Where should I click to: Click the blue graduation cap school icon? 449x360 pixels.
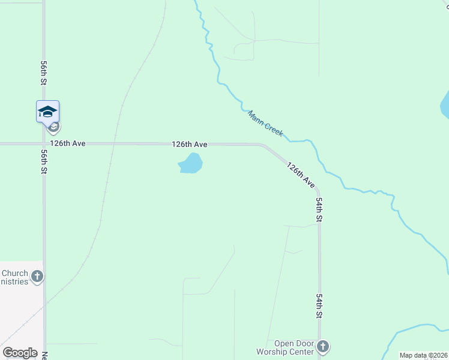(x=47, y=111)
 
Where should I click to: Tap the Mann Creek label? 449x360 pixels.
(x=265, y=123)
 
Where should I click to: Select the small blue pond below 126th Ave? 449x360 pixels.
(x=191, y=163)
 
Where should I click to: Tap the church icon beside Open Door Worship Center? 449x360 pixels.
(x=323, y=346)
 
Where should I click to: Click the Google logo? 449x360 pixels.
(x=20, y=353)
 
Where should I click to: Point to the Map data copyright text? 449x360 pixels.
(x=423, y=355)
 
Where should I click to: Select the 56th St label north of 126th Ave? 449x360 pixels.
(x=44, y=72)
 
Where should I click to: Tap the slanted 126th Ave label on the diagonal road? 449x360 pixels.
(x=301, y=173)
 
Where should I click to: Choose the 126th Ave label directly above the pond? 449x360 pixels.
(x=189, y=145)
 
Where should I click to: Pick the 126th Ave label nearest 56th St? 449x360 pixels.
(x=68, y=144)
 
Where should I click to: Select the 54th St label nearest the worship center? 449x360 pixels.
(x=320, y=306)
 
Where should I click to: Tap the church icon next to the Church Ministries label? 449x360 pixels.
(x=37, y=277)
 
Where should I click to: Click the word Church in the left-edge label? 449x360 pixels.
(x=15, y=274)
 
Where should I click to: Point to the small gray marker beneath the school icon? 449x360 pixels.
(x=53, y=127)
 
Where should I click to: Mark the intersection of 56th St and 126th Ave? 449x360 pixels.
(x=44, y=144)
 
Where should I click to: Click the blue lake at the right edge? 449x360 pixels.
(x=445, y=105)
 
